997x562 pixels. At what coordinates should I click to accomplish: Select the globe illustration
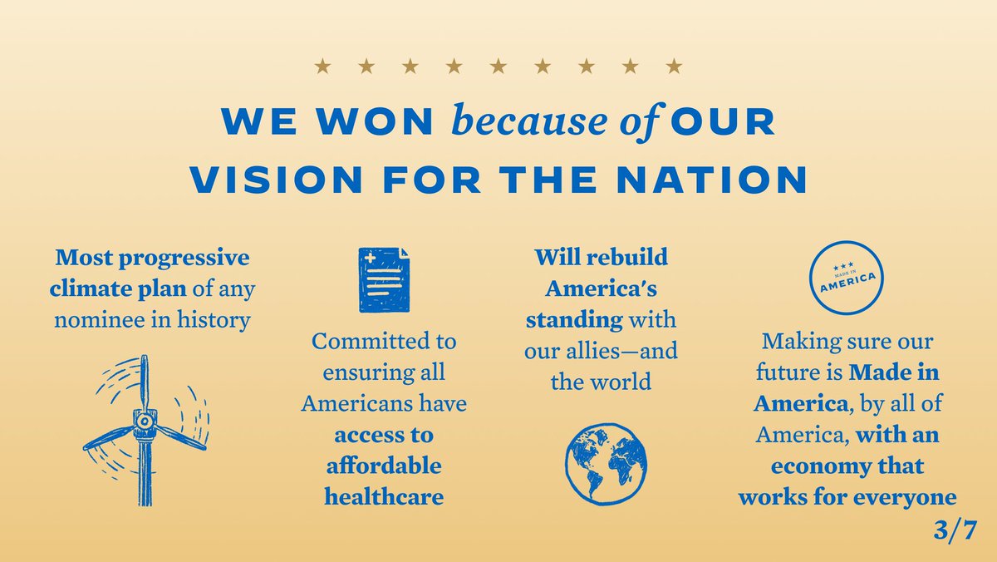click(606, 463)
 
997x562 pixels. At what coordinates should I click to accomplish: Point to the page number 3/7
click(956, 530)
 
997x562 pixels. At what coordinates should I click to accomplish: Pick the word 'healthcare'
click(383, 496)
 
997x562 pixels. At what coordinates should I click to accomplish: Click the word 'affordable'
click(383, 466)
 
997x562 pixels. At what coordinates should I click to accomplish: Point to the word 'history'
click(214, 318)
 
